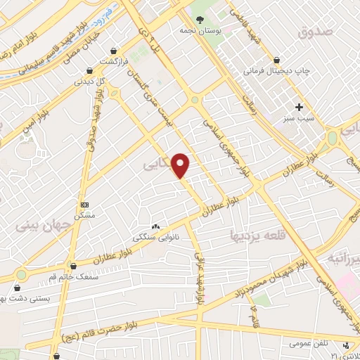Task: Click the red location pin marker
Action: [x=181, y=165]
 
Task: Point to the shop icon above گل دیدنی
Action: [x=90, y=70]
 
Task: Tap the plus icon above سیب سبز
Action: [x=300, y=107]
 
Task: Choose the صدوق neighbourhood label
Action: [x=314, y=32]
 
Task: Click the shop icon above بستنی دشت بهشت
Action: [x=18, y=288]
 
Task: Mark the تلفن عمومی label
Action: [x=307, y=344]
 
